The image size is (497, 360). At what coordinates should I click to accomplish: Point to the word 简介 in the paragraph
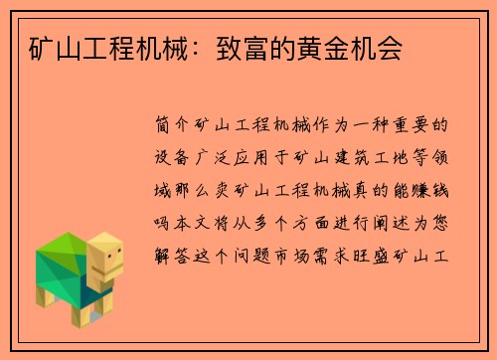(173, 126)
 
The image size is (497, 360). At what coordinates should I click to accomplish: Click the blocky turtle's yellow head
(105, 257)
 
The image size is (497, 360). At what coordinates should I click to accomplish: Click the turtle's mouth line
(112, 269)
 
